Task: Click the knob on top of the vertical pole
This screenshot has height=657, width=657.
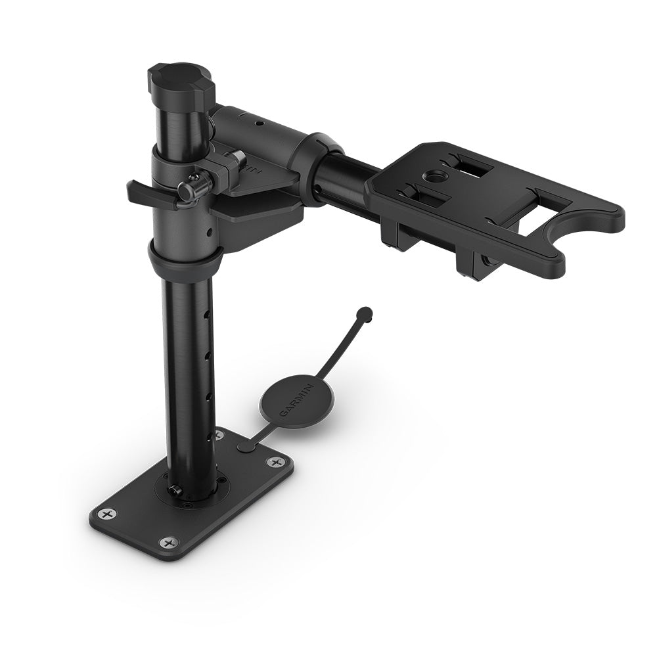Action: coord(175,79)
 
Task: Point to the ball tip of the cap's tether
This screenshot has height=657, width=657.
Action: coord(366,312)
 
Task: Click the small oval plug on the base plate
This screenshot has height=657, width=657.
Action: coord(246,447)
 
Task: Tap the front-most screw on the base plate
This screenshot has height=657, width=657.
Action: coord(170,543)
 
